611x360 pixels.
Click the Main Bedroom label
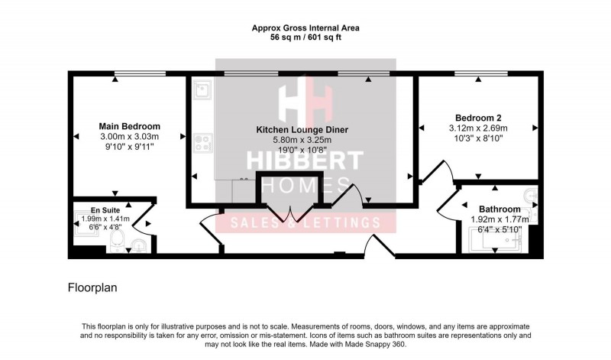pos(129,126)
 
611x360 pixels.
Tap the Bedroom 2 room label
pos(478,118)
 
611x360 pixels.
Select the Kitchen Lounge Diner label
pos(302,131)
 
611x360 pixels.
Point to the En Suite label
pos(105,210)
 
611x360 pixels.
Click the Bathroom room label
pos(499,209)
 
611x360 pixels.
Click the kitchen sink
pos(202,92)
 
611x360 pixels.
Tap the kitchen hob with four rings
pos(203,142)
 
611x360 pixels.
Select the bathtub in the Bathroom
pos(497,242)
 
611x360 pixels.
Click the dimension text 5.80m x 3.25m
pos(302,141)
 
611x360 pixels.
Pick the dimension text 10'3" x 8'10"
pos(478,138)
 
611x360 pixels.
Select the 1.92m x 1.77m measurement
pos(499,219)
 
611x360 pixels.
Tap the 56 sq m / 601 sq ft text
pos(305,37)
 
